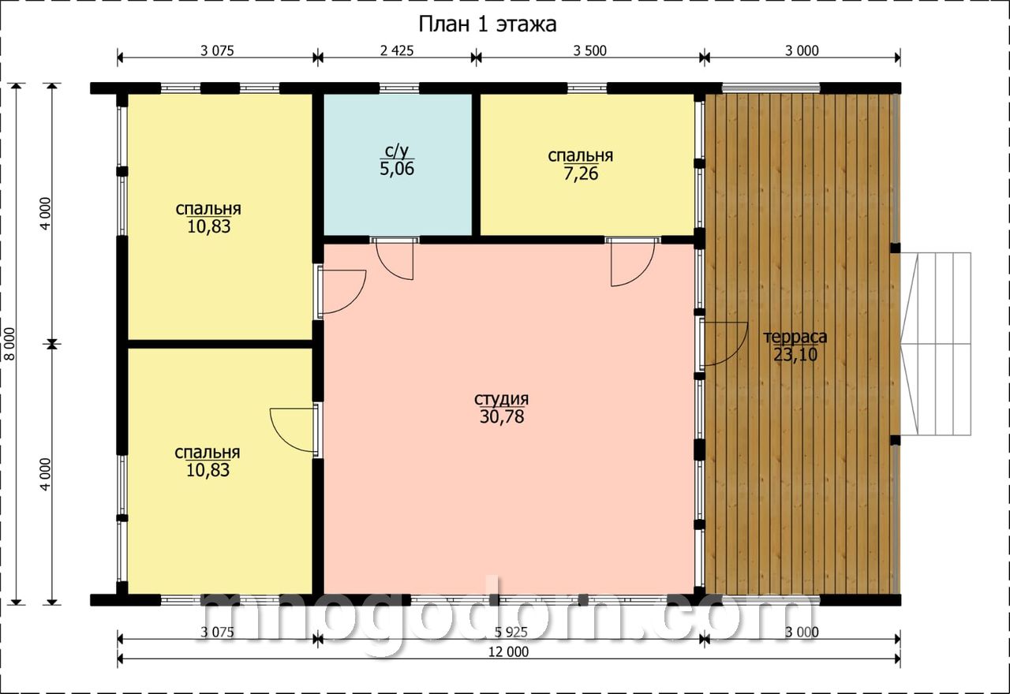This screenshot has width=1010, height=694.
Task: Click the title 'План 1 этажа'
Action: (488, 24)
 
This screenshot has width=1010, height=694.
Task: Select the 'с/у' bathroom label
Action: (397, 151)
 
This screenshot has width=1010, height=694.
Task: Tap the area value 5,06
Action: (397, 169)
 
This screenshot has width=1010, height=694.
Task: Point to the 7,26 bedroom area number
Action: (581, 173)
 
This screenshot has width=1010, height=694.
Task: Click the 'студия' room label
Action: (501, 399)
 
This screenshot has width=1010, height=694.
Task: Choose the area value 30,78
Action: (501, 417)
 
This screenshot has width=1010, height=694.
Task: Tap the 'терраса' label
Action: (795, 337)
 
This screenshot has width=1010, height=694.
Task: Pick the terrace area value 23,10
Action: (795, 355)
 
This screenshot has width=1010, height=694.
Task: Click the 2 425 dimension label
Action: (397, 50)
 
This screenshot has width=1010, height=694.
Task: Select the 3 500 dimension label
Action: (589, 50)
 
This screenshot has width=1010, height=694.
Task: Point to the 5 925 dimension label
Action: (511, 632)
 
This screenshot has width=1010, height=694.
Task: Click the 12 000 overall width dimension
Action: (509, 651)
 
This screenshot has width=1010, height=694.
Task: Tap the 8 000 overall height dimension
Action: (10, 344)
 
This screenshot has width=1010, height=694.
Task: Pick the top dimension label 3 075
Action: (217, 50)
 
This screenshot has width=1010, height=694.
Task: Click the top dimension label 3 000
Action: (802, 50)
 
